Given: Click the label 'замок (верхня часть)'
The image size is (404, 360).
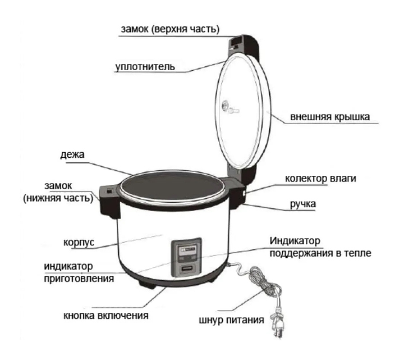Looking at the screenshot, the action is (x=170, y=29).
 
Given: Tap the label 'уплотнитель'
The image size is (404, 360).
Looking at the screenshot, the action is (x=145, y=67).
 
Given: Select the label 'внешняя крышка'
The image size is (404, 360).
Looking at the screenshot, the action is (x=330, y=117).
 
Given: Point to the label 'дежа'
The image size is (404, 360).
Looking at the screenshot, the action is (x=72, y=155).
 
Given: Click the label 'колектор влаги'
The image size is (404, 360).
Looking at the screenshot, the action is (x=320, y=179).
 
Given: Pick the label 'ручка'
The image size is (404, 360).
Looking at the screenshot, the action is (x=303, y=204).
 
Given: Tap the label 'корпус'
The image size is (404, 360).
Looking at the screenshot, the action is (x=79, y=243).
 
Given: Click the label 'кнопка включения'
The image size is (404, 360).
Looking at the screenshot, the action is (x=106, y=316).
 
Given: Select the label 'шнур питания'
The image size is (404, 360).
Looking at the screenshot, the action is (x=231, y=320).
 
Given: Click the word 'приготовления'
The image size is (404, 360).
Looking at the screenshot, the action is (x=79, y=279).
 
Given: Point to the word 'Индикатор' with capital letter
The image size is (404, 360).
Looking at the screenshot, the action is (x=295, y=241).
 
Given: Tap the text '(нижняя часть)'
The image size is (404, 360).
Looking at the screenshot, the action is (x=58, y=198).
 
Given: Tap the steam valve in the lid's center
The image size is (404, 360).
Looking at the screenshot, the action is (x=226, y=106).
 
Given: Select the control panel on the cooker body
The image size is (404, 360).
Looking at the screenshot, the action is (x=186, y=258).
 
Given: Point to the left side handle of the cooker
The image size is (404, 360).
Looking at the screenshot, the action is (x=109, y=202).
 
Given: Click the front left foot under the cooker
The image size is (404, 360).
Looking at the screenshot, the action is (x=147, y=284).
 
